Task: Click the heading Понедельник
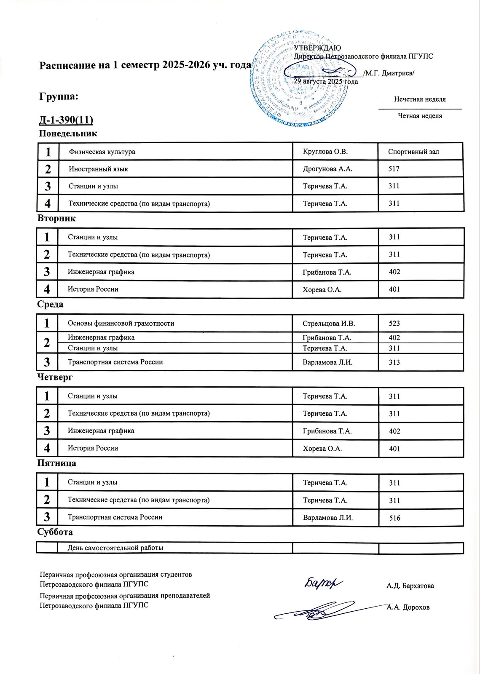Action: (68, 134)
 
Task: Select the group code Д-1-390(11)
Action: (66, 120)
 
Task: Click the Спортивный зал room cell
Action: (413, 152)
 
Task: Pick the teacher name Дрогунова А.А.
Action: (327, 169)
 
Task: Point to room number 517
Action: (394, 169)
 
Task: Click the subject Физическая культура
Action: (102, 152)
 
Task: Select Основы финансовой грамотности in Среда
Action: (121, 324)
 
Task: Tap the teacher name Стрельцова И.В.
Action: (329, 324)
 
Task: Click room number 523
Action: (394, 324)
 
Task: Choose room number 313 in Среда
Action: (394, 362)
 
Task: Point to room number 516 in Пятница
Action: (395, 518)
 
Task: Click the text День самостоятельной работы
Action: (115, 548)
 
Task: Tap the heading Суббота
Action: (55, 532)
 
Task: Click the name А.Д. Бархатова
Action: (410, 586)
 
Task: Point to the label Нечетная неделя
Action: (420, 99)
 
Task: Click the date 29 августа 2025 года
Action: (326, 81)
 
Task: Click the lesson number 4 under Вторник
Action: (47, 289)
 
